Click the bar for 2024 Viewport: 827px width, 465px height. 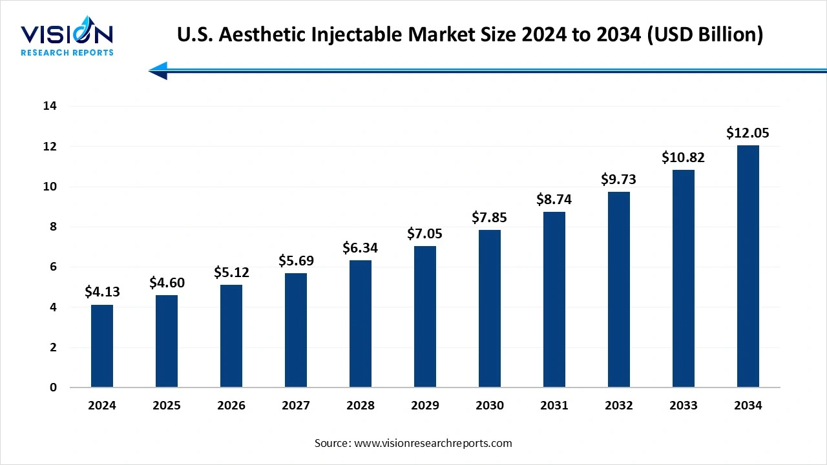[102, 346]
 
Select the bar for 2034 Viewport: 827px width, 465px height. [748, 266]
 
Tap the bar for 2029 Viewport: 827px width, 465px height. [425, 316]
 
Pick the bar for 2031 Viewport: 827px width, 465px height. [554, 300]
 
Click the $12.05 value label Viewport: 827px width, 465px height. [748, 133]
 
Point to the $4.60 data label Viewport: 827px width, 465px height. [167, 282]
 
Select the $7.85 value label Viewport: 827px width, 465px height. [490, 217]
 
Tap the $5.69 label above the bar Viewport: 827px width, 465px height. [296, 260]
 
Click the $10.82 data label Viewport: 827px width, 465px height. [684, 158]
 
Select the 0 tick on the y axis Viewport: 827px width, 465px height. [53, 387]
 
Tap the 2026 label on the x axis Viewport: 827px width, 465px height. [231, 406]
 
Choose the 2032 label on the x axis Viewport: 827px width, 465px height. [619, 406]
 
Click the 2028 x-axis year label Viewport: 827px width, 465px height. [361, 406]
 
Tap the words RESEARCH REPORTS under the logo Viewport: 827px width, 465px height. [67, 52]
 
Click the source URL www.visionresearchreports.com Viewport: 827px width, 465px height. [433, 443]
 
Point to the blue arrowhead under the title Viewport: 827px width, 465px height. [159, 70]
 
